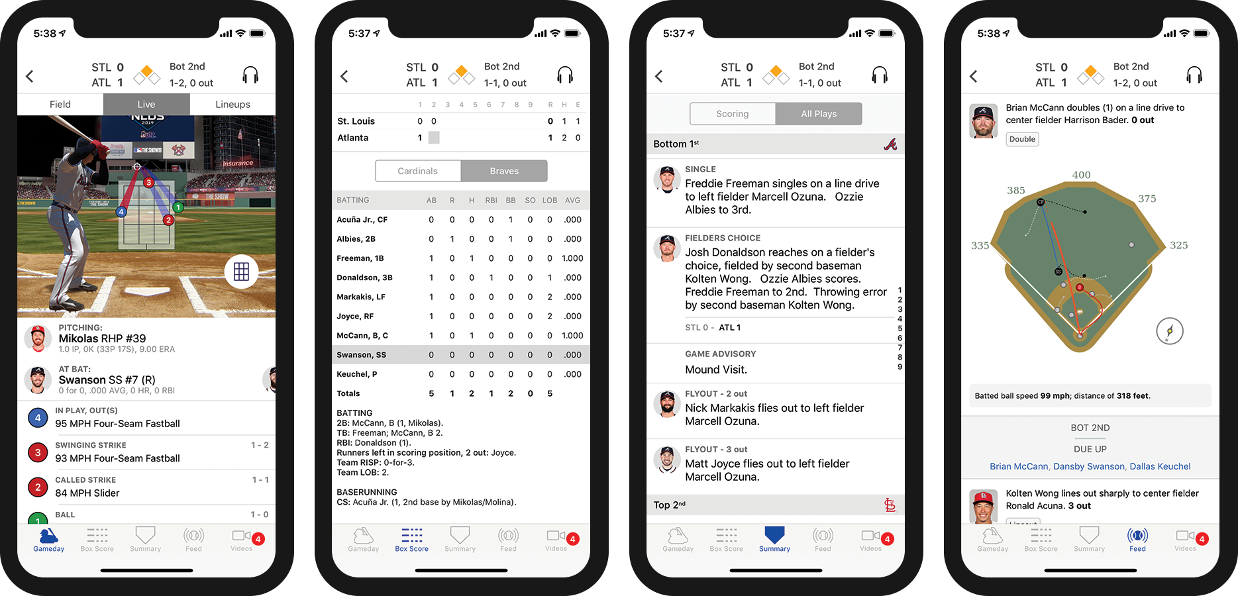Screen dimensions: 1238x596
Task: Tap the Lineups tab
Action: pyautogui.click(x=232, y=105)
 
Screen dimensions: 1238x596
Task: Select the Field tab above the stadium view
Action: pyautogui.click(x=60, y=105)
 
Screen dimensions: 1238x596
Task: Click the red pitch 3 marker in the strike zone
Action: pyautogui.click(x=149, y=183)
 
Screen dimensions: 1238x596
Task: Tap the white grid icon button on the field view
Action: pyautogui.click(x=241, y=272)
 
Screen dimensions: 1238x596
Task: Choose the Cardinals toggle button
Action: pyautogui.click(x=418, y=171)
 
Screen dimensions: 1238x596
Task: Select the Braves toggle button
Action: pyautogui.click(x=504, y=171)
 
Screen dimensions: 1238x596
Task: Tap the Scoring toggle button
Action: pyautogui.click(x=733, y=114)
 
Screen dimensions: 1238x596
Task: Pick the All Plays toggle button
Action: pyautogui.click(x=819, y=114)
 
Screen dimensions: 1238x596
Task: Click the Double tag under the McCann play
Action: pyautogui.click(x=1022, y=139)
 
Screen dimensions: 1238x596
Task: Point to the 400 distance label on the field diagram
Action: pyautogui.click(x=1081, y=175)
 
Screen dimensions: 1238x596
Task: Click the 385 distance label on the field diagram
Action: pyautogui.click(x=1016, y=191)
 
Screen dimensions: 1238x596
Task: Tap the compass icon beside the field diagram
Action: pyautogui.click(x=1170, y=331)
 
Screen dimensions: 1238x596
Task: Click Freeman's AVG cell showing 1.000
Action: pyautogui.click(x=572, y=258)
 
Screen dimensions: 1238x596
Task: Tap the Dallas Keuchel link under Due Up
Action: pyautogui.click(x=1160, y=466)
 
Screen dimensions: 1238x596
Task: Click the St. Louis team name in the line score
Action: pyautogui.click(x=356, y=121)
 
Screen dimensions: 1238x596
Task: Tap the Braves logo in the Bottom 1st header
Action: pyautogui.click(x=890, y=144)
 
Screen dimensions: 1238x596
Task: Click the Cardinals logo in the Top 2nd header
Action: pyautogui.click(x=890, y=505)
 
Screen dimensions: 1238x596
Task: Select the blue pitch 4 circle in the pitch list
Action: pyautogui.click(x=38, y=418)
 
